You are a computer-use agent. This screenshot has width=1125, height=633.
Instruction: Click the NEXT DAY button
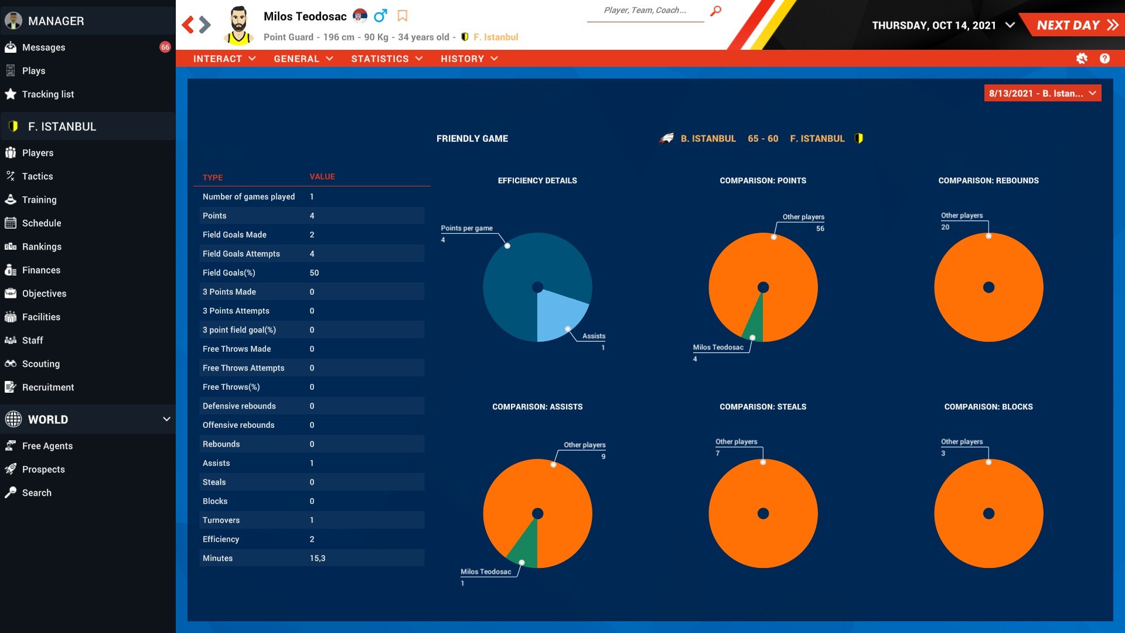(1076, 25)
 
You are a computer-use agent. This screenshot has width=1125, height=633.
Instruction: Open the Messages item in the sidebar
(43, 47)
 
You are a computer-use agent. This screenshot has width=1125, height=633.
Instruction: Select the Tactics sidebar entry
(37, 176)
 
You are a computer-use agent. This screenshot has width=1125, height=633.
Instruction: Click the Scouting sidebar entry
(40, 364)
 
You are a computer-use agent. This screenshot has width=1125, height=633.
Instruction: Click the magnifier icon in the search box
(715, 11)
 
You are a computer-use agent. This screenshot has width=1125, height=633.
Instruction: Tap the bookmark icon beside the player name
(403, 16)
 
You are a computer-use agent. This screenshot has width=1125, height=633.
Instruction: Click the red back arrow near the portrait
(187, 25)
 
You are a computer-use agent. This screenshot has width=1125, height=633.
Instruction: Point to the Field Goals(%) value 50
(314, 273)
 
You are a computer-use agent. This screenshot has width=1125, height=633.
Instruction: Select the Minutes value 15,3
(317, 559)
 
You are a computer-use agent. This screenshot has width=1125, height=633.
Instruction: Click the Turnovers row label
(221, 520)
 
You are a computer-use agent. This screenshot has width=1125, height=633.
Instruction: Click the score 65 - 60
(762, 139)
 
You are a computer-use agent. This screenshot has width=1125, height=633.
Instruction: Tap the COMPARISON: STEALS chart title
(762, 407)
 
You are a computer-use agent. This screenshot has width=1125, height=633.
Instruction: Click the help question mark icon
(1104, 59)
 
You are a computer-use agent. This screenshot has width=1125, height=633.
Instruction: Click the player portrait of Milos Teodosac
(238, 25)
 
